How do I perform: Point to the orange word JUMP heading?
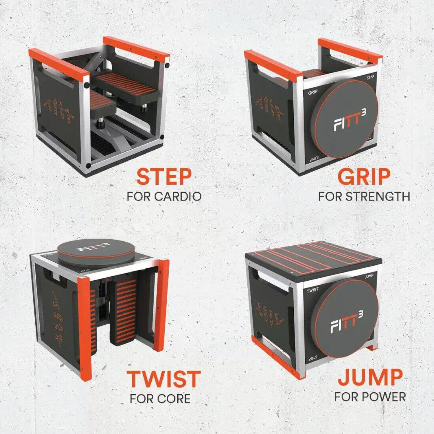[370, 377]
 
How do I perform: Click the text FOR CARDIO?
[164, 196]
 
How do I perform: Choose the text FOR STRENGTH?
[364, 196]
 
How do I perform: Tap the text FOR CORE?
[160, 399]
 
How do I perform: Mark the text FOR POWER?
[370, 397]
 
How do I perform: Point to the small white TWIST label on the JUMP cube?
[312, 289]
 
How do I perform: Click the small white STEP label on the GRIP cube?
[370, 78]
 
